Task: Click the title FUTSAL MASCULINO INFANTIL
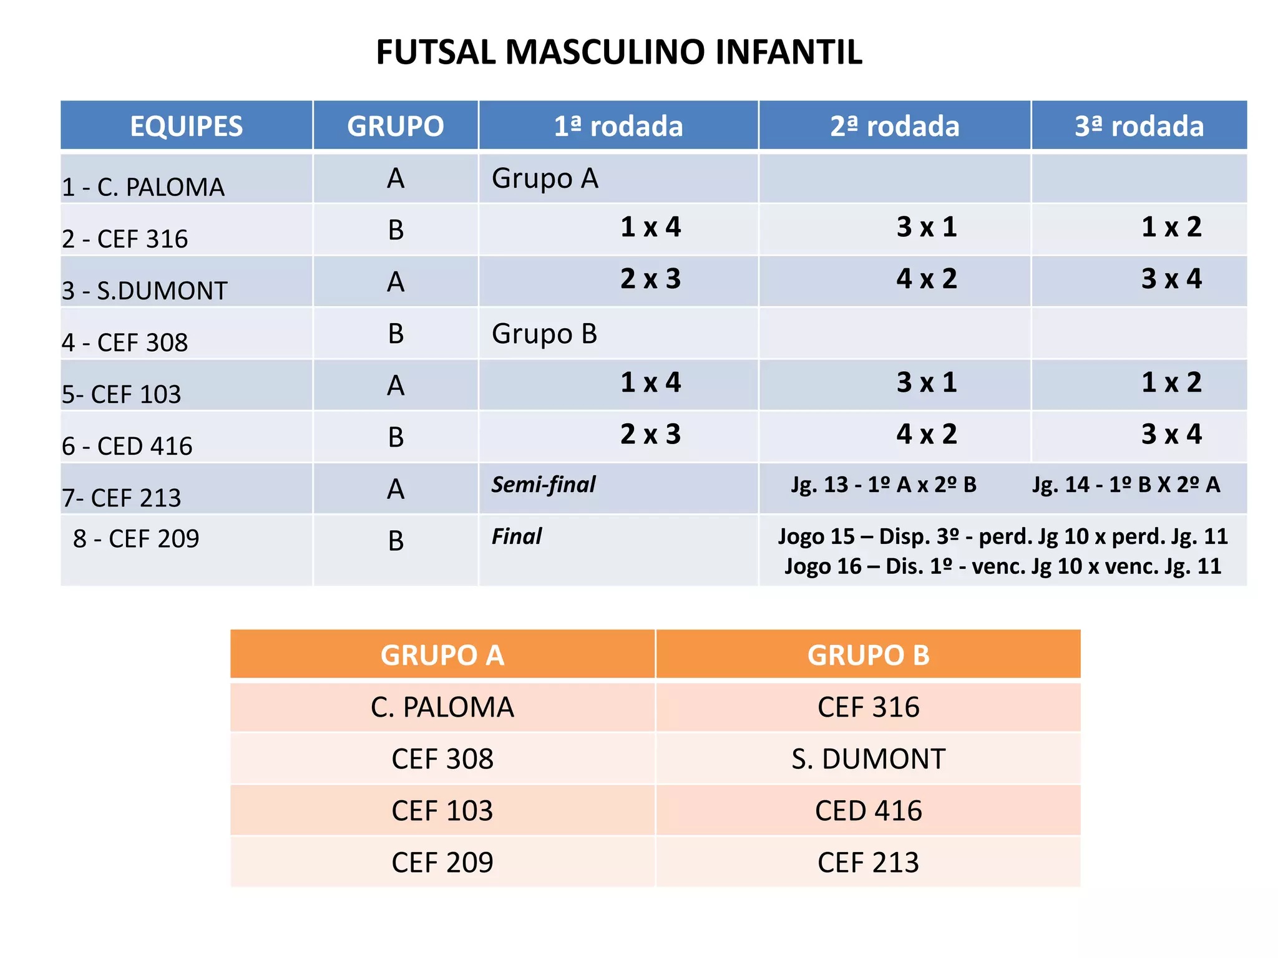pyautogui.click(x=618, y=52)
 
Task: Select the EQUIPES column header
pyautogui.click(x=186, y=126)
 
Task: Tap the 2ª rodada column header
pyautogui.click(x=894, y=126)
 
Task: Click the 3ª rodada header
pyautogui.click(x=1139, y=126)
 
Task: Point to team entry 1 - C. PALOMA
pyautogui.click(x=143, y=187)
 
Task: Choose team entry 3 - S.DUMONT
pyautogui.click(x=144, y=291)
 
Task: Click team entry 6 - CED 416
pyautogui.click(x=127, y=446)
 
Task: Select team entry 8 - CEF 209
pyautogui.click(x=136, y=538)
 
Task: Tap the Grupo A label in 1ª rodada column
pyautogui.click(x=545, y=178)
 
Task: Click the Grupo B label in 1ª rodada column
pyautogui.click(x=544, y=334)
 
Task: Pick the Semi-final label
pyautogui.click(x=543, y=485)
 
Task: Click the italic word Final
pyautogui.click(x=516, y=536)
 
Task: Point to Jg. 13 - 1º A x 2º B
pyautogui.click(x=884, y=485)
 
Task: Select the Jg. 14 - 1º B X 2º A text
pyautogui.click(x=1126, y=485)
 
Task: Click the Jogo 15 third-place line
pyautogui.click(x=1002, y=536)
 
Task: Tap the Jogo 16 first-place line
pyautogui.click(x=1002, y=566)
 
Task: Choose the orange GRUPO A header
pyautogui.click(x=442, y=655)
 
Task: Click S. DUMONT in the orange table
pyautogui.click(x=868, y=759)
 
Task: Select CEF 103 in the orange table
pyautogui.click(x=442, y=811)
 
